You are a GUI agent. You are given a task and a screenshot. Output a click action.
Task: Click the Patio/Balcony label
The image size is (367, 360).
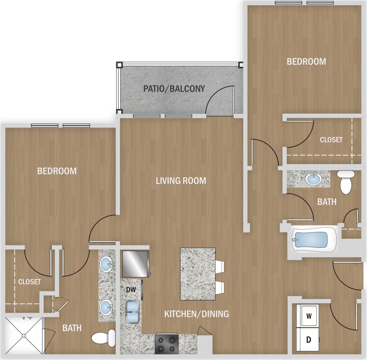pos(174,88)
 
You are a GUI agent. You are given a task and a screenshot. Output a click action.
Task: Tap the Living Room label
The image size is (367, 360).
pos(181,181)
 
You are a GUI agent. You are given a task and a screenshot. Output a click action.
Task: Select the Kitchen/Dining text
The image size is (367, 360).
pos(197,314)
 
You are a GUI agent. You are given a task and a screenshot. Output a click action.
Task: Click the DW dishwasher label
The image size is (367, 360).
pos(131,290)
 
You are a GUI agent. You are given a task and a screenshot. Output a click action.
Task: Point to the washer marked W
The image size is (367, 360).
pos(309,315)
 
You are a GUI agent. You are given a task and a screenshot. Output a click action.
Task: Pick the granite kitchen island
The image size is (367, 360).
pos(198,274)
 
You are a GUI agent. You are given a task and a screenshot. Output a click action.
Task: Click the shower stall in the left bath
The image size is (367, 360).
pos(24,336)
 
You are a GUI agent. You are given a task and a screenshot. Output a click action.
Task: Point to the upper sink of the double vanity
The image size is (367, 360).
pos(107,265)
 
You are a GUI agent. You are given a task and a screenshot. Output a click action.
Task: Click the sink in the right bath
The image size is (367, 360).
pos(313,179)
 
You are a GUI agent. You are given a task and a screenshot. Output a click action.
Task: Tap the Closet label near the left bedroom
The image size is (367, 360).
pos(29,282)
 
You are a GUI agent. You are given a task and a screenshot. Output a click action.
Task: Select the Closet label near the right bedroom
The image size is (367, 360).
pos(331,140)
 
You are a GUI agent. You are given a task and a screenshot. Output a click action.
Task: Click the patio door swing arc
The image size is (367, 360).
pos(218,98)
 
